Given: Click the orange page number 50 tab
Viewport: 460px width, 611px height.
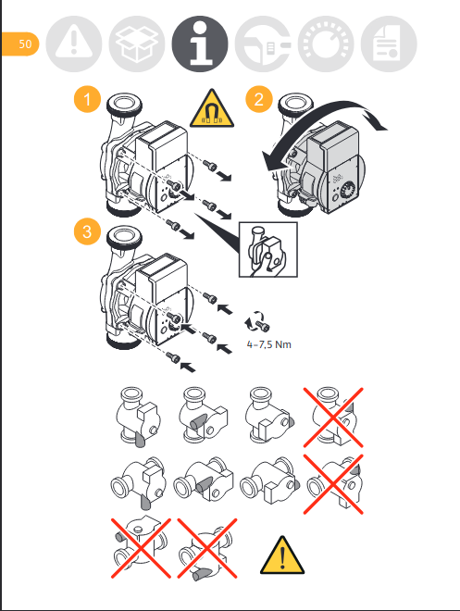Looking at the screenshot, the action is point(20,44).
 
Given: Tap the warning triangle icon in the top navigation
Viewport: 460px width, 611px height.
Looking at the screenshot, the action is point(74,44).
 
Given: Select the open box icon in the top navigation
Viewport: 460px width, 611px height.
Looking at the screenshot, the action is point(137,44).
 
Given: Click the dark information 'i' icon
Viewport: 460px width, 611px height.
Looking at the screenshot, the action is point(200,44).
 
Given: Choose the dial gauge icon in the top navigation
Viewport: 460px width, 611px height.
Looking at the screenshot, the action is point(326,44).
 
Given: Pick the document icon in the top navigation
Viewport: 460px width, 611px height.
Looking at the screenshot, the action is point(389,44).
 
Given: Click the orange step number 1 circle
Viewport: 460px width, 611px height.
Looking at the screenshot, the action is point(87,99).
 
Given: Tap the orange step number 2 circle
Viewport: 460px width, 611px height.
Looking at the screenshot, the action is point(258,99).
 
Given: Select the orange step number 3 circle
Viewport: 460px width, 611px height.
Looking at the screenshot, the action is point(87,231).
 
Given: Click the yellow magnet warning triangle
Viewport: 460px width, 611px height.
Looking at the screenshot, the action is point(212,109).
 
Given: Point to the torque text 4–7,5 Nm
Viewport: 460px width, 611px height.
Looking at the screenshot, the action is point(268,344).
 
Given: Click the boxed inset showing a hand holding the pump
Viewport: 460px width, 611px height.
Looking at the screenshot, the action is point(268,250).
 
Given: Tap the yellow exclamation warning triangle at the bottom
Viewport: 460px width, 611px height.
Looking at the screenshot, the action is point(282,555).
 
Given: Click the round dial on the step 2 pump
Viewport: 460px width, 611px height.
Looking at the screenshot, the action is point(348,192).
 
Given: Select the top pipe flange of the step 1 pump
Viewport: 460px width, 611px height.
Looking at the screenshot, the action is point(124,104).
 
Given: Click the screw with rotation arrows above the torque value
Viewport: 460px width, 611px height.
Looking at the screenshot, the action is point(256,321).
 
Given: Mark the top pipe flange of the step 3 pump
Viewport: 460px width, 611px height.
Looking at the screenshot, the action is point(124,236).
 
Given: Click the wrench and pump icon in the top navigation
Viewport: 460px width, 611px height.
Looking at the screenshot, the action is point(263,44).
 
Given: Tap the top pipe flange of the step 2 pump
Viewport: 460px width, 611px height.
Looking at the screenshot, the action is point(296,104).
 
